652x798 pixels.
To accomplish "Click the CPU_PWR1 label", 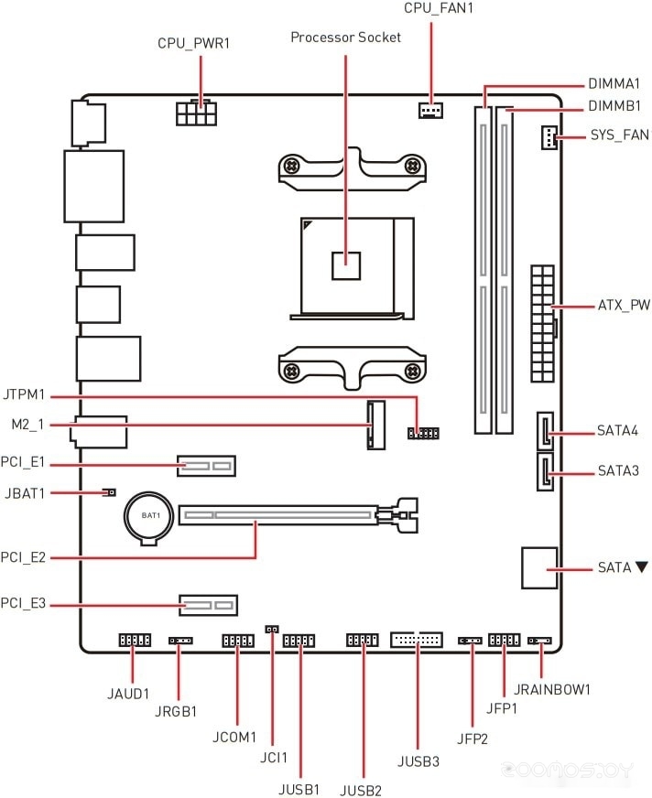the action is (x=193, y=43).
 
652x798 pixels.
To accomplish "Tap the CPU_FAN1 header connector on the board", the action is (x=430, y=110).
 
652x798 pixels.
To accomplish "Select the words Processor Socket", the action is (x=345, y=38).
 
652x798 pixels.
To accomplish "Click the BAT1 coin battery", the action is (x=149, y=518).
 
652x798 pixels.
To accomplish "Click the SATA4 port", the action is (x=545, y=430).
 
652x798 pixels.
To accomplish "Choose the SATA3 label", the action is (x=618, y=470).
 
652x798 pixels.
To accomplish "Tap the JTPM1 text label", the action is (x=24, y=394).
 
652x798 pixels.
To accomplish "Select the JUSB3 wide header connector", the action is (x=417, y=640).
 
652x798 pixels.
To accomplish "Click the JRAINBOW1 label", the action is (x=551, y=690).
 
